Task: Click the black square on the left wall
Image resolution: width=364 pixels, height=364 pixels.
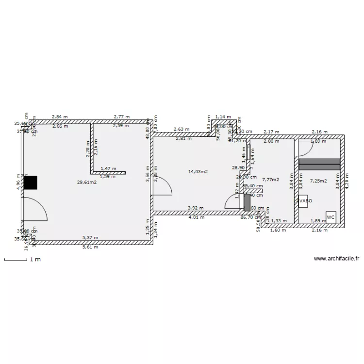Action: point(31,182)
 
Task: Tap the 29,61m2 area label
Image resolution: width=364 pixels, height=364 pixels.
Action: point(86,182)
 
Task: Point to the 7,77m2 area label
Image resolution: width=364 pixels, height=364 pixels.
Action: point(270,180)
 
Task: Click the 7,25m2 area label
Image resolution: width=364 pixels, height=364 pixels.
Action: point(318,181)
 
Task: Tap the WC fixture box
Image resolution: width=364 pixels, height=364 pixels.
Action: point(331,217)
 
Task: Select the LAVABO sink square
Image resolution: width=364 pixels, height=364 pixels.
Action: point(304,201)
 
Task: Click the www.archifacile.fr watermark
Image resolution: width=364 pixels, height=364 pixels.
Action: point(336,259)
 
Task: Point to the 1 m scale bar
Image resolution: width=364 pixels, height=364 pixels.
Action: point(16,261)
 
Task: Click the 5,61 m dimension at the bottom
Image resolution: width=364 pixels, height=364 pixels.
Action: point(90,247)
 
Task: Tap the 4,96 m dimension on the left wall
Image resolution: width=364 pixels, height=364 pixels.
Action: point(18,182)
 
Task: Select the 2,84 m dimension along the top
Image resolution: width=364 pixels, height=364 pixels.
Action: point(60,117)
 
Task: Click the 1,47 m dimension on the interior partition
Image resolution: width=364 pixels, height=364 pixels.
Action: point(108,168)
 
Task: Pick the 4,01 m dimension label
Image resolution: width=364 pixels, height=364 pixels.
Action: point(196,217)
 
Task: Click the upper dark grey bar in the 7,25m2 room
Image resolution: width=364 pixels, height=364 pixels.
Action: point(319,161)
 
